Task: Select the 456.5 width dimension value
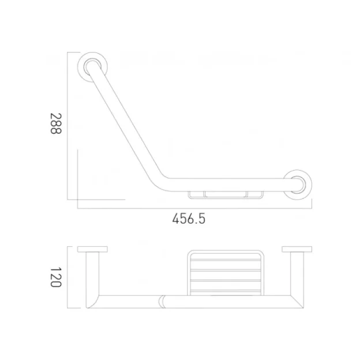[x=189, y=219]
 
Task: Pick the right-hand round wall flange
[x=299, y=183]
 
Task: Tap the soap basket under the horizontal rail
[x=226, y=194]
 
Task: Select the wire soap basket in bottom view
[x=224, y=272]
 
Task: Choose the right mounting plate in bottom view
[x=297, y=250]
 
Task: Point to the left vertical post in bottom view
[x=92, y=277]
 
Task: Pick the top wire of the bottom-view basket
[x=224, y=253]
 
